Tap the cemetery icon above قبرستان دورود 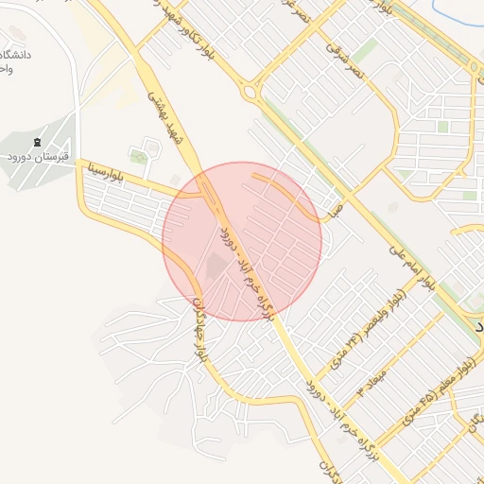[x=38, y=143]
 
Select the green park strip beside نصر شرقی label [x=364, y=50]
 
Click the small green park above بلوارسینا [x=139, y=157]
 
